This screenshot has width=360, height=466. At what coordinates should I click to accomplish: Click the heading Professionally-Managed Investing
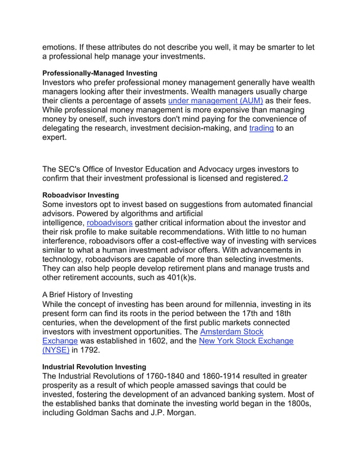(x=100, y=73)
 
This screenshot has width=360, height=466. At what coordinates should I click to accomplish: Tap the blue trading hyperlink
(x=261, y=129)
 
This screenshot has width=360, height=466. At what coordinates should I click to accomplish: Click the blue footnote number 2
(x=286, y=179)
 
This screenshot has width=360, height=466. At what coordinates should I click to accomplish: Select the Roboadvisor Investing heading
(x=80, y=195)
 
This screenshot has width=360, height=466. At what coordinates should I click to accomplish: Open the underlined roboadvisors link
(x=109, y=223)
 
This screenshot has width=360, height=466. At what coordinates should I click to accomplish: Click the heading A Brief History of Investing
(x=87, y=294)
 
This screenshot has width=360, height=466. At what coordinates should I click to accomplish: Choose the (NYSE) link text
(x=56, y=350)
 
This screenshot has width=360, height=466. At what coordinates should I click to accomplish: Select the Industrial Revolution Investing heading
(x=94, y=367)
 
